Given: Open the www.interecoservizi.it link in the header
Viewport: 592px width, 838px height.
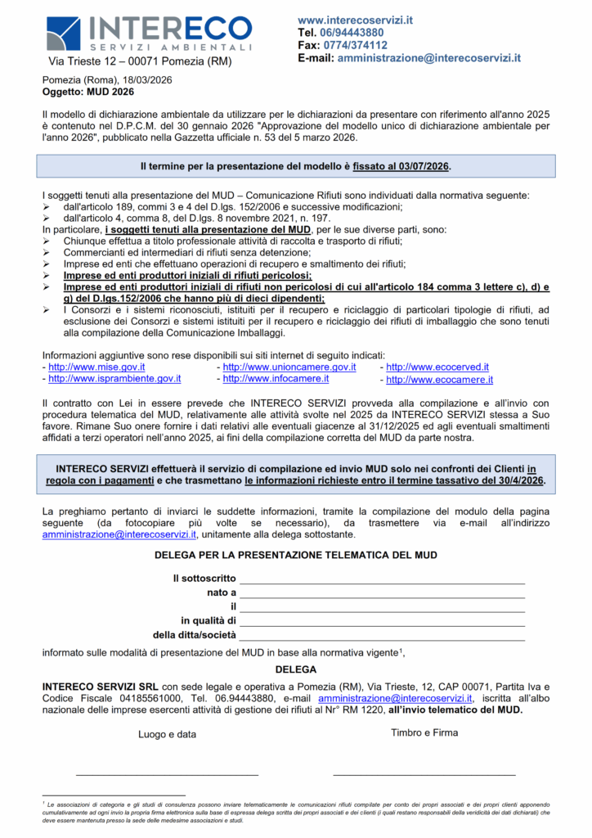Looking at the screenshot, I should click(x=355, y=20).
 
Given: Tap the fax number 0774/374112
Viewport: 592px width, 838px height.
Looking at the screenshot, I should click(x=356, y=45).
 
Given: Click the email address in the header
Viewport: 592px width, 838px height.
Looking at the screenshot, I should click(x=429, y=58).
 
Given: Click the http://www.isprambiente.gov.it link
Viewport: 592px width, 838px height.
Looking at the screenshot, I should click(x=114, y=379).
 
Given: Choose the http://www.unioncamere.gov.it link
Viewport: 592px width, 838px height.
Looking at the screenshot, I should click(x=289, y=367).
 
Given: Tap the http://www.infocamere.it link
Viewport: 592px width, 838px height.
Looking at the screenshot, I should click(x=276, y=379).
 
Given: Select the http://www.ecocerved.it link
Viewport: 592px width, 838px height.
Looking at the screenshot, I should click(x=437, y=367).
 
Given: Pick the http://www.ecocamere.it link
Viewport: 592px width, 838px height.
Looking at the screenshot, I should click(x=439, y=380).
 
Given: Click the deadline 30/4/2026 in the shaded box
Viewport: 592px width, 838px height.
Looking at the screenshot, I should click(x=515, y=480).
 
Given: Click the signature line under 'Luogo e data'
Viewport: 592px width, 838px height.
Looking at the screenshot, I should click(x=167, y=773).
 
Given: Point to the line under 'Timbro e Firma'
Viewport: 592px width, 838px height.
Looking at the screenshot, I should click(x=424, y=773).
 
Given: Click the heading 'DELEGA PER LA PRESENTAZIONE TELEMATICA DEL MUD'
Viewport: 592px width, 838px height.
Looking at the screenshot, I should click(x=295, y=555).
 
